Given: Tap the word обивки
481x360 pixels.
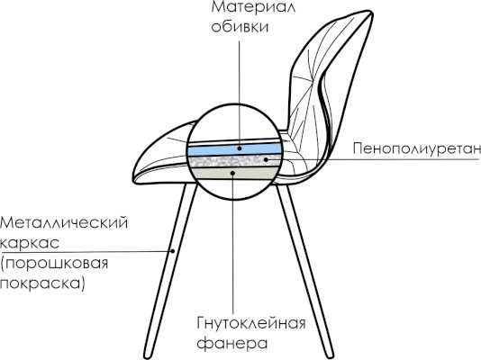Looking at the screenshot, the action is pyautogui.click(x=240, y=27).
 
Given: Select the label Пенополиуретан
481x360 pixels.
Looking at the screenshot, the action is pyautogui.click(x=416, y=148).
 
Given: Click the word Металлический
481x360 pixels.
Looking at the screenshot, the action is pyautogui.click(x=64, y=223).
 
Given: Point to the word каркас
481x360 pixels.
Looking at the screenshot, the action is pyautogui.click(x=30, y=243).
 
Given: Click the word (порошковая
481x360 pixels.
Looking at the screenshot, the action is pyautogui.click(x=54, y=264).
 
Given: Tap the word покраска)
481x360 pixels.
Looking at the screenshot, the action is pyautogui.click(x=42, y=283).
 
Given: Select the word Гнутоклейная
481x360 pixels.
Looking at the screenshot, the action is pyautogui.click(x=251, y=323).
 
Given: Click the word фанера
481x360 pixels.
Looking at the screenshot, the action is pyautogui.click(x=231, y=343).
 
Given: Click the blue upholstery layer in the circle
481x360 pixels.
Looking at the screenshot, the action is pyautogui.click(x=234, y=149).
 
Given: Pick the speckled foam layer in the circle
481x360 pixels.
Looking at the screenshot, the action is pyautogui.click(x=235, y=161).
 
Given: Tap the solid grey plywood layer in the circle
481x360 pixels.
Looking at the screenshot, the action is pyautogui.click(x=234, y=174).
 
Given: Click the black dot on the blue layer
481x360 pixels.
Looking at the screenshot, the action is pyautogui.click(x=240, y=148).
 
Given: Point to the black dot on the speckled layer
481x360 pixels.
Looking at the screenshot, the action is pyautogui.click(x=266, y=159).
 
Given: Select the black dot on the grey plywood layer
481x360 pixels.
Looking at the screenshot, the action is pyautogui.click(x=232, y=173).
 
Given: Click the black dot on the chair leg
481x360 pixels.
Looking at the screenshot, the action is pyautogui.click(x=173, y=251).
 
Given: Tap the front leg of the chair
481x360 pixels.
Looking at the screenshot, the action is pyautogui.click(x=171, y=270).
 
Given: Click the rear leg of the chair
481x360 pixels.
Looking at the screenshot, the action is pyautogui.click(x=304, y=270).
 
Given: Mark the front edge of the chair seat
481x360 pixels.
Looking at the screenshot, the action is pyautogui.click(x=137, y=170).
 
